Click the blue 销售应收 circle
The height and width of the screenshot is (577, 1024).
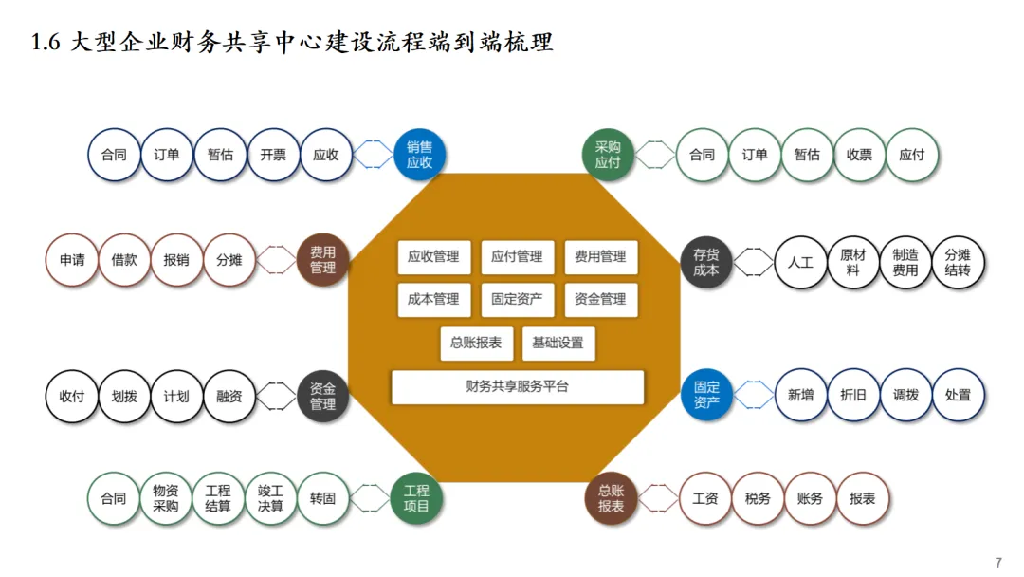[419, 155]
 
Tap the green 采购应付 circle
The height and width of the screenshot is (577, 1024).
[607, 155]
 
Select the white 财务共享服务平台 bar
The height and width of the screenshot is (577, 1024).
[518, 387]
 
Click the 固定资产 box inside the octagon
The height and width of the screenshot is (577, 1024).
[517, 299]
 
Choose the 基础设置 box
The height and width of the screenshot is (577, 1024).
[558, 343]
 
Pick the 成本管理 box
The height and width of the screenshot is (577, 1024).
[433, 299]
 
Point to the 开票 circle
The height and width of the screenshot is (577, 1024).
[273, 155]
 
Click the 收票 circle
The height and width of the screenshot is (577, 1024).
[859, 155]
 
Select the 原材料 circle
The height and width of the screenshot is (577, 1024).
[853, 262]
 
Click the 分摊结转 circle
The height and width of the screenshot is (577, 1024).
[958, 262]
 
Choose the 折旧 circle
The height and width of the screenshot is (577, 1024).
[853, 395]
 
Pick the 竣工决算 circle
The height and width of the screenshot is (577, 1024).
[270, 498]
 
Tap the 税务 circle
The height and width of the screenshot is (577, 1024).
[758, 498]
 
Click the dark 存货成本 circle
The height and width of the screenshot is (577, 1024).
[706, 262]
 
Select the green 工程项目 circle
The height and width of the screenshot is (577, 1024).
[417, 498]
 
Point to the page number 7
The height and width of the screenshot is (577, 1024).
[997, 563]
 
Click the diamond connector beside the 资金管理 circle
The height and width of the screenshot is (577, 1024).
[276, 395]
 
